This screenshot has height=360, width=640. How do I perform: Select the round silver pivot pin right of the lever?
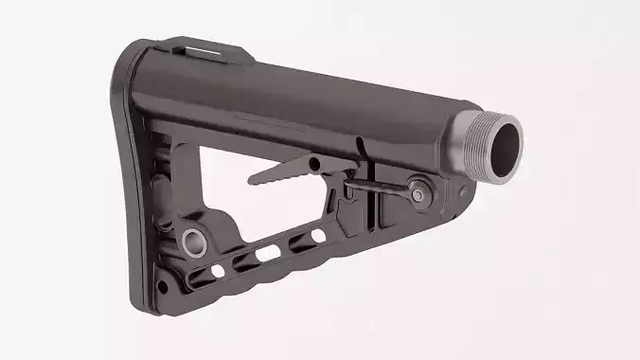pos(417,190)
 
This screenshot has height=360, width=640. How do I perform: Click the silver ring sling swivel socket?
pos(194,242)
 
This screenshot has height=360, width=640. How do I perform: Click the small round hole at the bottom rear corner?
pos(164,284)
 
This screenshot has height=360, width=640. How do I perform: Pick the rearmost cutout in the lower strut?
pos(218,271)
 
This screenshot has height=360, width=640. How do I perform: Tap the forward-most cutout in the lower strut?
pos(317,235)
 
